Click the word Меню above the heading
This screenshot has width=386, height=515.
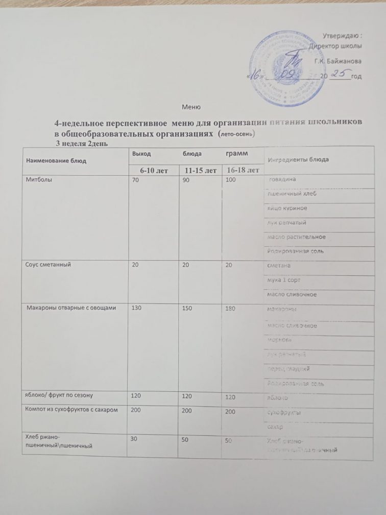(190, 107)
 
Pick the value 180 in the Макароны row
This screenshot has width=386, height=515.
(230, 310)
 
